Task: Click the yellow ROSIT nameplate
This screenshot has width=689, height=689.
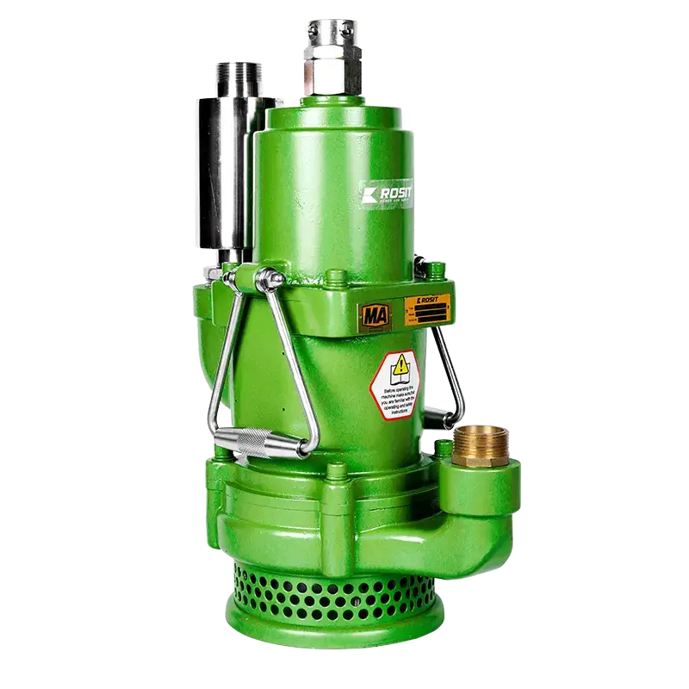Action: (427, 307)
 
